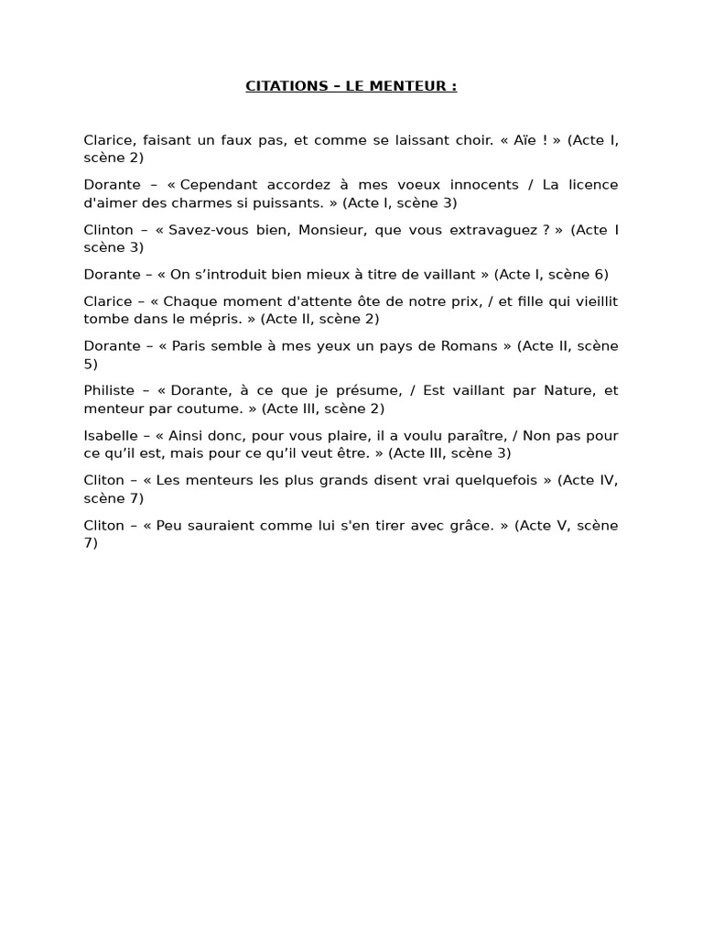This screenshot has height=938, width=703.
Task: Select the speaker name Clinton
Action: click(108, 230)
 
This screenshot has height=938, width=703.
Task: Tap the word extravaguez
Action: click(492, 230)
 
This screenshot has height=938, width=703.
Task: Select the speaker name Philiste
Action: click(110, 391)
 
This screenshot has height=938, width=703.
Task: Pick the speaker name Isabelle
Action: click(111, 436)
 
